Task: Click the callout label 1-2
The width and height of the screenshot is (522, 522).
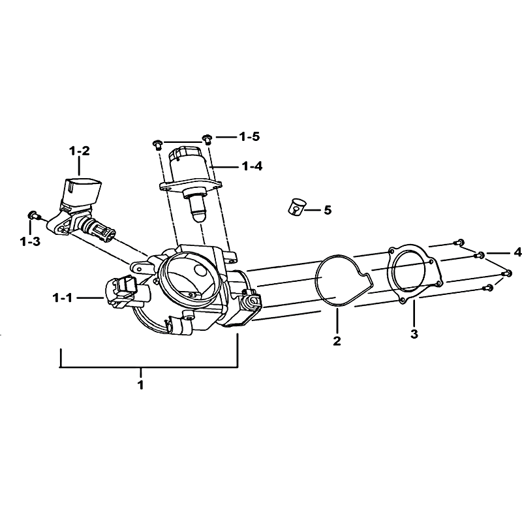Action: (79, 151)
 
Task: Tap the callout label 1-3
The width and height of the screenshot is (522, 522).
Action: (30, 241)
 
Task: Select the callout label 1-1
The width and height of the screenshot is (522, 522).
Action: (62, 298)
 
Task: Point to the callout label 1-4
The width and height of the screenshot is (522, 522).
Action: (252, 166)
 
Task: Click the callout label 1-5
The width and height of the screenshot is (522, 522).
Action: (249, 136)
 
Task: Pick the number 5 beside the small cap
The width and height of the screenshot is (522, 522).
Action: (328, 210)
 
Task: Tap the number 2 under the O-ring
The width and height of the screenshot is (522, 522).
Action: (337, 341)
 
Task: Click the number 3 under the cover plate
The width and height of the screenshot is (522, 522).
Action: (414, 333)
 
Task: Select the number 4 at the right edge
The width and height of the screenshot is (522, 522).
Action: (517, 253)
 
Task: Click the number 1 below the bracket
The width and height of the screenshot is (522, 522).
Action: (141, 384)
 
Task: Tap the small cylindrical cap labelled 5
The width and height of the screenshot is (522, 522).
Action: (297, 207)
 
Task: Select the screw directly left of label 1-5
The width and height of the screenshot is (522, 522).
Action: (207, 139)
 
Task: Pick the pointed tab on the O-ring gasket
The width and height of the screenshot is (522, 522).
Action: (367, 281)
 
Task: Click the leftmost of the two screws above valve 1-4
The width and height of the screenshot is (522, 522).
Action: (157, 145)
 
